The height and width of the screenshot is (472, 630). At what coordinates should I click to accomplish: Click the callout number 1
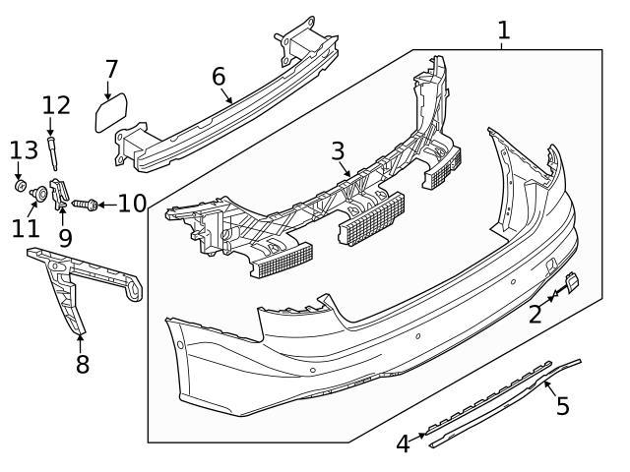[x=503, y=29]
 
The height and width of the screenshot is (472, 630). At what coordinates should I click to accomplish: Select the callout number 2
[x=535, y=315]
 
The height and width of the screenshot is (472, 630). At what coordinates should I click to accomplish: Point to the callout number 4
[x=403, y=444]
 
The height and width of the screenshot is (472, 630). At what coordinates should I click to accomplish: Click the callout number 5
[x=562, y=405]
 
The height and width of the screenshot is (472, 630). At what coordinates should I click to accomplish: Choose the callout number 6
[x=219, y=77]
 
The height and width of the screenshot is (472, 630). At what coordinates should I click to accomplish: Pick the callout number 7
[x=111, y=69]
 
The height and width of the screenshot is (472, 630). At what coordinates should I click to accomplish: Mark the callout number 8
[x=83, y=364]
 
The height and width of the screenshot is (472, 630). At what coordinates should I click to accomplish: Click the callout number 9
[x=65, y=237]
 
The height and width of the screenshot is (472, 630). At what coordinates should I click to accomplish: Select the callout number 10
[x=131, y=204]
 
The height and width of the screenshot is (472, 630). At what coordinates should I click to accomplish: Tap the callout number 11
[x=26, y=228]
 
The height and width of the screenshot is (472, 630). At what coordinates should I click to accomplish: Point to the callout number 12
[x=56, y=105]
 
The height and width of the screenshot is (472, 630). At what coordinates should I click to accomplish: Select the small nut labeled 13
[x=20, y=184]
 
